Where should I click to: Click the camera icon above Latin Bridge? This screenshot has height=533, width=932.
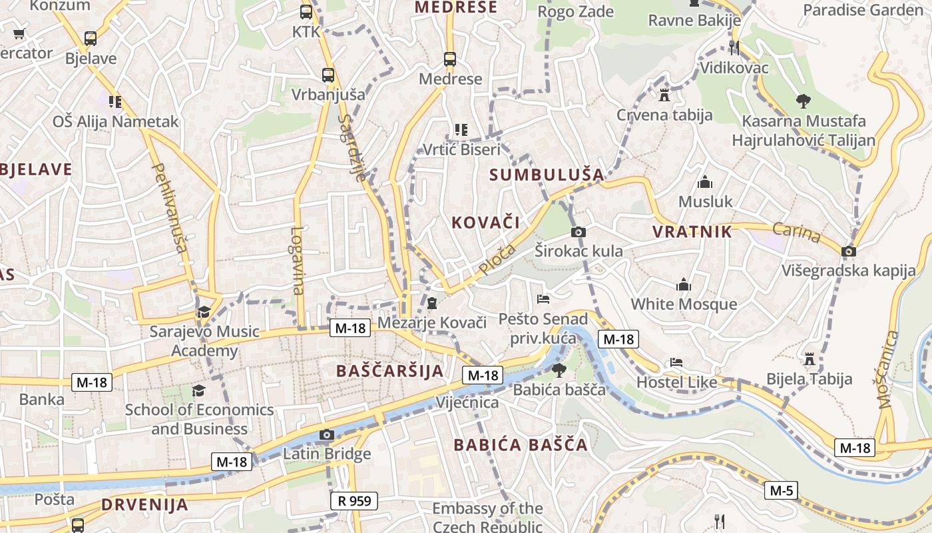[326, 435]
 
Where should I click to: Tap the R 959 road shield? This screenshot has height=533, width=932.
[353, 500]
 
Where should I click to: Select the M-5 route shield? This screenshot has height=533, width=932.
[782, 491]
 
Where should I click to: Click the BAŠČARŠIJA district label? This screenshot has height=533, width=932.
[390, 371]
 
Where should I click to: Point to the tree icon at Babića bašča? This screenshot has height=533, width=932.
[559, 370]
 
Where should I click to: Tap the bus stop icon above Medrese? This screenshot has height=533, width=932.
[450, 59]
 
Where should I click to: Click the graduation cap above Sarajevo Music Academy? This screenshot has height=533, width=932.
[204, 312]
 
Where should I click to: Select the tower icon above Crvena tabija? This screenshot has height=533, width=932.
[664, 95]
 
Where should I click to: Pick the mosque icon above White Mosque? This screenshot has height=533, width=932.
[684, 284]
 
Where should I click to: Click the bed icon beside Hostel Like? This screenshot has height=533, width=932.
[676, 362]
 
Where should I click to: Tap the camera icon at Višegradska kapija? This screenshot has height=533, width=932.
[848, 251]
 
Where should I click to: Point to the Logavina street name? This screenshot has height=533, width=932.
[298, 261]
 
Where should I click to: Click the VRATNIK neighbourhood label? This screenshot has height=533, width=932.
[692, 232]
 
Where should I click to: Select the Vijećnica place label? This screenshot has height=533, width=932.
[467, 402]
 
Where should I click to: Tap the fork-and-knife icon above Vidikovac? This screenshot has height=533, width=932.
[734, 47]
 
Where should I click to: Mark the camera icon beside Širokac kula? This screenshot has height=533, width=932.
[579, 232]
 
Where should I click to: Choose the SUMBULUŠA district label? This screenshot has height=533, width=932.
[547, 175]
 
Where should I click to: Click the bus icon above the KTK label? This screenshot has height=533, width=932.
[306, 12]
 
